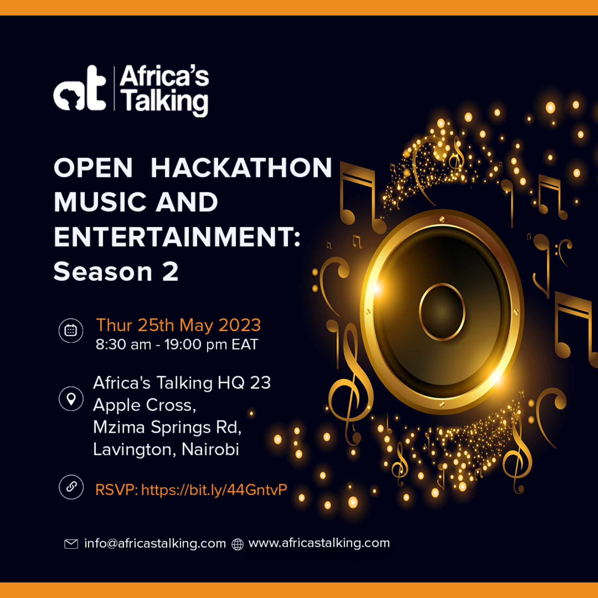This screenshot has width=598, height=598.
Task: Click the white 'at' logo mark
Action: point(79,89)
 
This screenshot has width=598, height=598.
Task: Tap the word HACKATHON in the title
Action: point(241,168)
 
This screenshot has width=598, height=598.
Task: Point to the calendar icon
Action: point(71,331)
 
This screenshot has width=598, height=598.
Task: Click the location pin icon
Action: point(71,399)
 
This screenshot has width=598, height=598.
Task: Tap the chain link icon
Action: point(71,487)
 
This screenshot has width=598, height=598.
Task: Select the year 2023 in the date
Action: point(239,325)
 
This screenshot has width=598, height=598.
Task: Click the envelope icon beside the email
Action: point(71,544)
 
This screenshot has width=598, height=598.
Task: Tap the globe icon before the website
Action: point(238,544)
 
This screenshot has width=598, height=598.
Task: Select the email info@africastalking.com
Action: point(155,543)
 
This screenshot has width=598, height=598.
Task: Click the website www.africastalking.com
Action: point(319,543)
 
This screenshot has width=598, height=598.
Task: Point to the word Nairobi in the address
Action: point(210,449)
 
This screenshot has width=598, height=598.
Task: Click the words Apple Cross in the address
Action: point(144,405)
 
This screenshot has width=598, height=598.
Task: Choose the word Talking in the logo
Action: point(166,101)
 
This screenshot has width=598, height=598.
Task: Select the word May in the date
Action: point(196,325)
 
